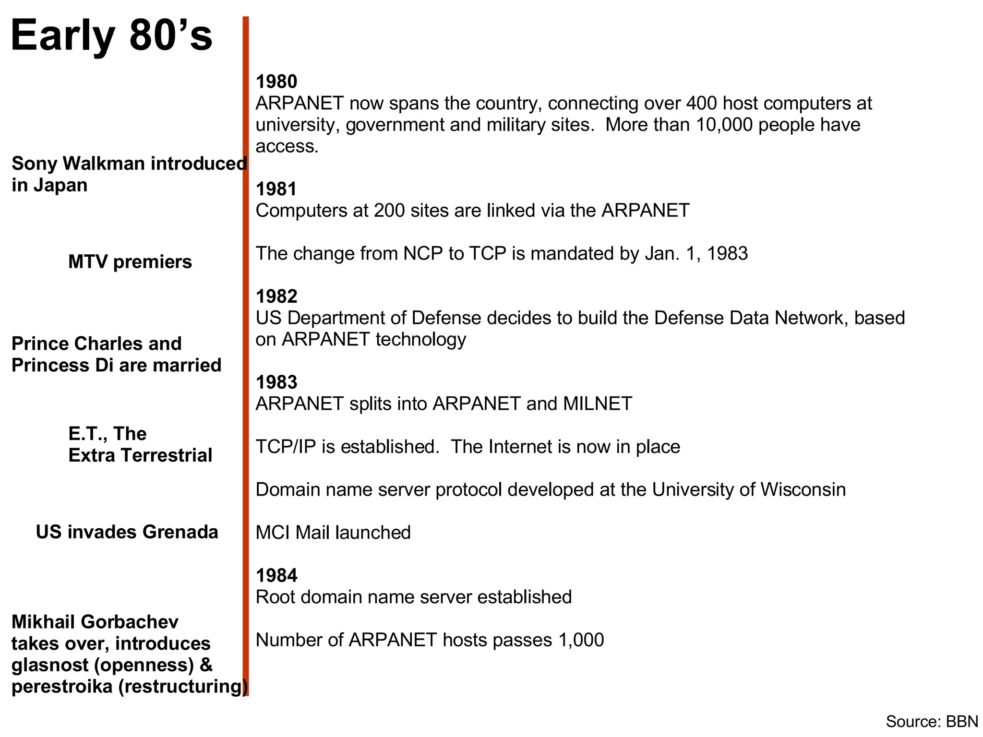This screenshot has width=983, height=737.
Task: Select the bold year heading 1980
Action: coord(276,82)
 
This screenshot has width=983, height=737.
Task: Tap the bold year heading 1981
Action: coord(276,190)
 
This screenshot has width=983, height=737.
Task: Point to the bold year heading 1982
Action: coord(276,297)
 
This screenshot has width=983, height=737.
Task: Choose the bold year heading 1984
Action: coord(276,575)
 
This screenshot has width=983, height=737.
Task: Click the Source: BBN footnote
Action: coord(932,722)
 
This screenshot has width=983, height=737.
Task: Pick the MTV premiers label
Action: coord(130,262)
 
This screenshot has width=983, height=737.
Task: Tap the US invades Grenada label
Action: coord(127,532)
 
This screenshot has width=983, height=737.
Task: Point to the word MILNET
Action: coord(598,404)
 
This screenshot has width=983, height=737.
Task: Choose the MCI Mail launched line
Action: coord(333,533)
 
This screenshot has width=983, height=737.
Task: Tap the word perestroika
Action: coord(62,687)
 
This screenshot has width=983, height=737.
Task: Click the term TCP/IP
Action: coord(286,447)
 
